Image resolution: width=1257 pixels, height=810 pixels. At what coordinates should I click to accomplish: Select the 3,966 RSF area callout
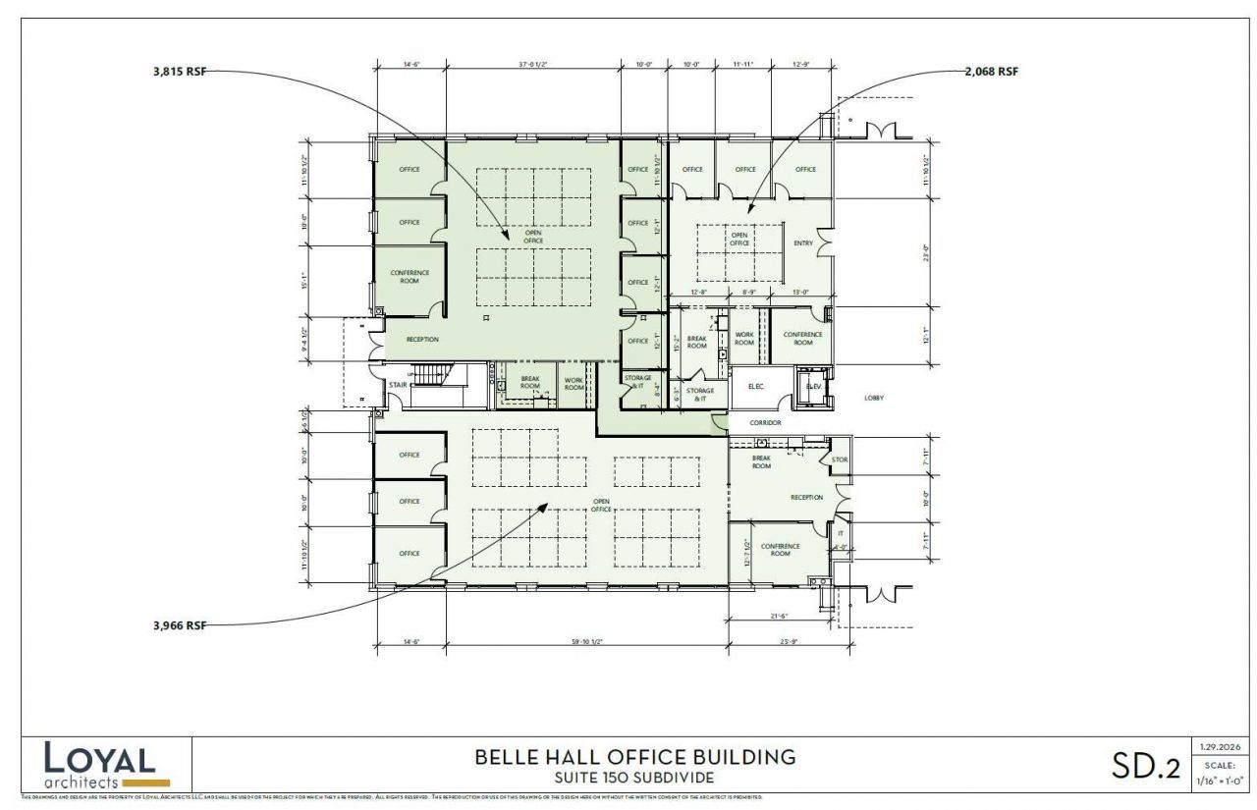point(180,624)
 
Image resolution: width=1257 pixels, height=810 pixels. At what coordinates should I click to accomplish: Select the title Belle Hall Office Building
point(634,757)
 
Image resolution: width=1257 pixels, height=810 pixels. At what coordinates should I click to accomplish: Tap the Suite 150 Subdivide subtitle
point(634,778)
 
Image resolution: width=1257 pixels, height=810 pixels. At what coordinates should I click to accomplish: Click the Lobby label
point(874,398)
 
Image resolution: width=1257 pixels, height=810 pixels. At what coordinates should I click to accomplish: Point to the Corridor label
point(765,422)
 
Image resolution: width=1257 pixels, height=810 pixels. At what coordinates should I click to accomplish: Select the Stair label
point(397,384)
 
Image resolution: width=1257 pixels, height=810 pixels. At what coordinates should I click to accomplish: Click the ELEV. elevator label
point(813,386)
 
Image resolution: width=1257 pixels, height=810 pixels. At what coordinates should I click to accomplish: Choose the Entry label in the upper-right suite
point(802,243)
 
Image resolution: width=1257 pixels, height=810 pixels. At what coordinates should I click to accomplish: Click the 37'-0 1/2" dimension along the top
point(533,66)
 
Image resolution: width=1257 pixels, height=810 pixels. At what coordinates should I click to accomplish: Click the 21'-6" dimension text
point(779,616)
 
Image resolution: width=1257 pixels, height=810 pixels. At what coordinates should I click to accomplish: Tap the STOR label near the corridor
point(840,459)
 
